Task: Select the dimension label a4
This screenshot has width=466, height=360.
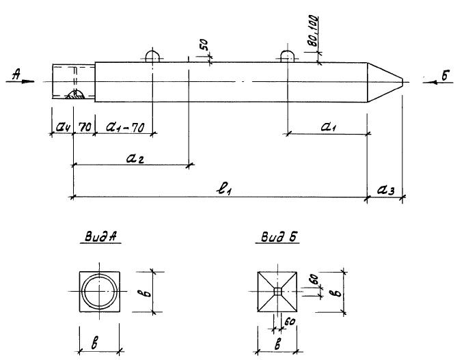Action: coord(62,127)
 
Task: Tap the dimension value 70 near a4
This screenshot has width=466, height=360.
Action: coord(85,126)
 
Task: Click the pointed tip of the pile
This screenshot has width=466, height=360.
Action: coord(401,83)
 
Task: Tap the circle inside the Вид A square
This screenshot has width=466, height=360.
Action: coord(100,292)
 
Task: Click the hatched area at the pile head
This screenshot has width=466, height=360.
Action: coord(76,96)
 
